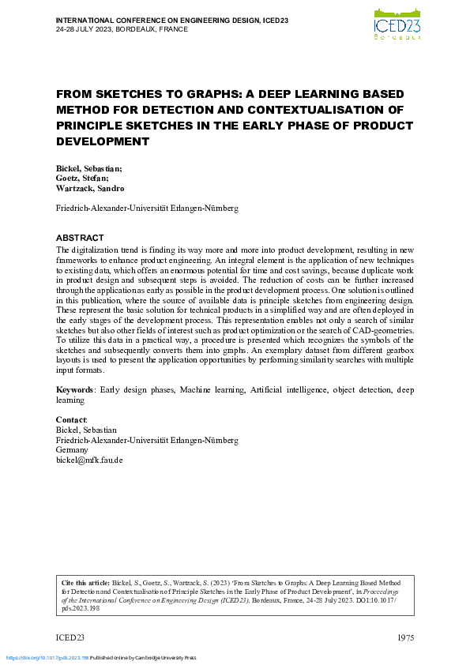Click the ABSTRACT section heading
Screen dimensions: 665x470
tap(81, 238)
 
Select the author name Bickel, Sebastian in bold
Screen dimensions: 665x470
tap(88, 169)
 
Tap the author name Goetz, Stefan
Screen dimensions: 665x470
tap(82, 179)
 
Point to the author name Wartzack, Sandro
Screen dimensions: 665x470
tap(89, 190)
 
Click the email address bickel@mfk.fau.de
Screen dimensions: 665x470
tap(89, 460)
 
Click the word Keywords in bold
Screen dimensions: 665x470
tap(75, 390)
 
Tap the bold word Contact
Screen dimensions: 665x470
tap(71, 420)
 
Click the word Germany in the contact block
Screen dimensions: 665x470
tap(72, 450)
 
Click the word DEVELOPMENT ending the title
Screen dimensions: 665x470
tap(103, 141)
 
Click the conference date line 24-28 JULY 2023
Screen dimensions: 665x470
tap(122, 28)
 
